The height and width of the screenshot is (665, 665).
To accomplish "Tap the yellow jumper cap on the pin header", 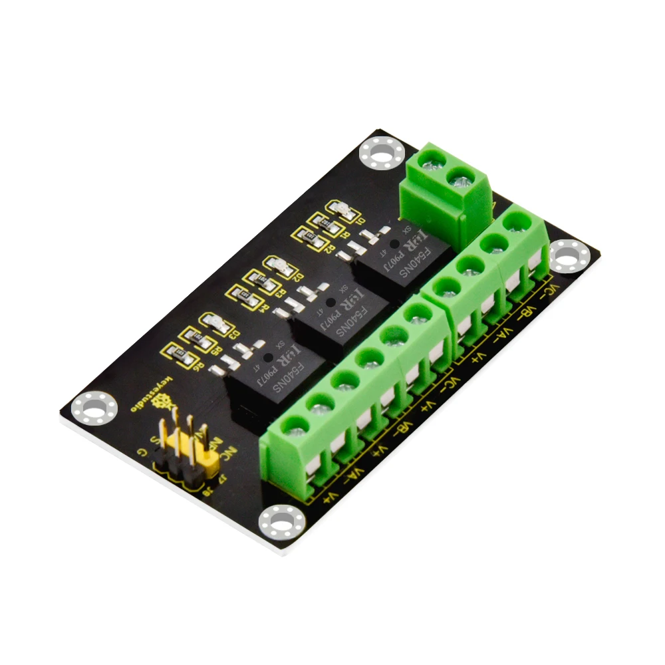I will tap(190, 452).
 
